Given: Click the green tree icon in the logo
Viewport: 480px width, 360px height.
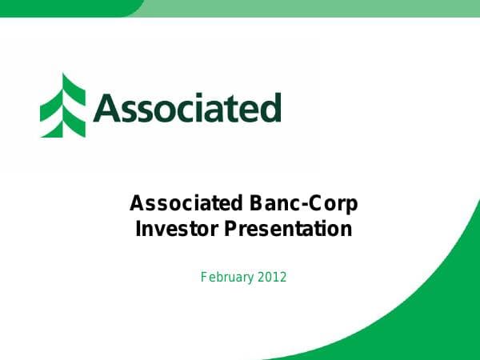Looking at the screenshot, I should [x=64, y=106].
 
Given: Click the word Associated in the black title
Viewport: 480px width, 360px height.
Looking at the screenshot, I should [x=177, y=204].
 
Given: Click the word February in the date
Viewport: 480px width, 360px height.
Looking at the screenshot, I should [x=227, y=278].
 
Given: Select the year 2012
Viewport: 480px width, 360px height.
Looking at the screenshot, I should [x=272, y=278].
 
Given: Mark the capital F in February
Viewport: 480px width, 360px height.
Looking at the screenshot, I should [x=203, y=278].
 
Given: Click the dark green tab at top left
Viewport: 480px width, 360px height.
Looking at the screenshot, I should [x=64, y=7].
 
